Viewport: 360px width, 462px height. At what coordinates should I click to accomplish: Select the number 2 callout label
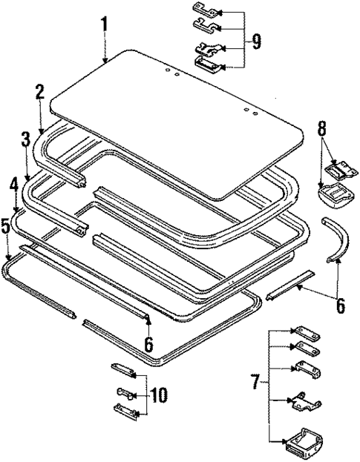(39, 92)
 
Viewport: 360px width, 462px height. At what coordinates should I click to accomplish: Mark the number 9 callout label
(256, 42)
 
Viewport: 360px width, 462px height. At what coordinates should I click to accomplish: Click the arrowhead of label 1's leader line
(106, 61)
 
